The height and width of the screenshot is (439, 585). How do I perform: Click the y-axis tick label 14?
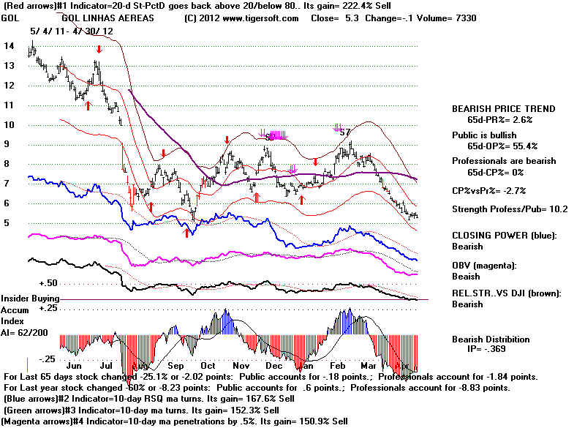[x=8, y=45]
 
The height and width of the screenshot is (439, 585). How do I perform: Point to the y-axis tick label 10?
[x=8, y=124]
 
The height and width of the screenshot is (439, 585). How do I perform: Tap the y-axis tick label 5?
[x=8, y=223]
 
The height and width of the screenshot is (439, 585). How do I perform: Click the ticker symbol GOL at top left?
[x=11, y=18]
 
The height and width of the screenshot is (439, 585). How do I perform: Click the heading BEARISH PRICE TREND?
[x=503, y=108]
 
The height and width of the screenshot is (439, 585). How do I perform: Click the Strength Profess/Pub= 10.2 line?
[x=505, y=210]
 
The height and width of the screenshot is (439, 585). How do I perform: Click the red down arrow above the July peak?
[x=99, y=49]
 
